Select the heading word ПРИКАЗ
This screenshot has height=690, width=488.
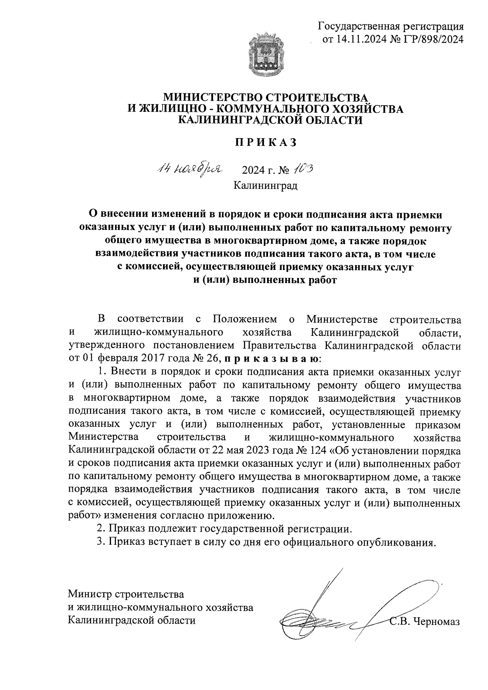(266, 143)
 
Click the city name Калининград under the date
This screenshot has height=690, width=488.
(266, 186)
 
